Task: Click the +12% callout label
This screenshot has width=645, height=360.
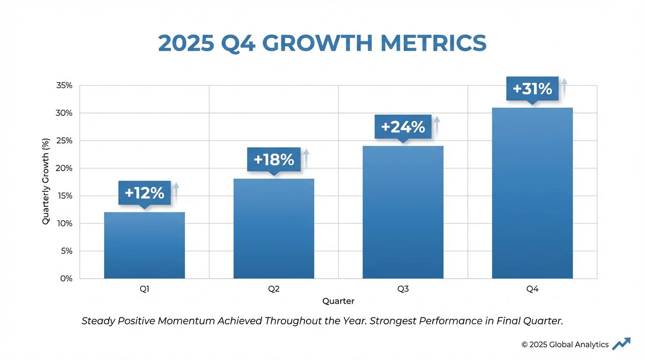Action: (x=144, y=193)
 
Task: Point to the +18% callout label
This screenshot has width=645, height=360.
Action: (x=274, y=160)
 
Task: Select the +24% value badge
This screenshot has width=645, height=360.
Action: (x=403, y=127)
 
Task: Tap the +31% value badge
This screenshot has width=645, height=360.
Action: (x=532, y=89)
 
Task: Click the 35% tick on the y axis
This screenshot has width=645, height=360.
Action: (x=64, y=86)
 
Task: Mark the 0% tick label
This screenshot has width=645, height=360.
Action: (x=66, y=278)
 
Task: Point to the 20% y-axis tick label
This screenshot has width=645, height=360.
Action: (x=64, y=168)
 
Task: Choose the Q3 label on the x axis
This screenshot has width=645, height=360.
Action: (x=403, y=289)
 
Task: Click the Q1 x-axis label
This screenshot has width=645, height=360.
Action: (x=144, y=289)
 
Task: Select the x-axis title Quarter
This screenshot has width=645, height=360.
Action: (x=338, y=301)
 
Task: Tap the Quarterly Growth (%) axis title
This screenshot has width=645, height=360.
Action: (x=46, y=181)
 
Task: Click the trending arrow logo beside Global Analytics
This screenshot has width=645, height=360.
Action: (x=621, y=344)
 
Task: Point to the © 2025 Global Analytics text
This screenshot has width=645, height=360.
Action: (x=565, y=345)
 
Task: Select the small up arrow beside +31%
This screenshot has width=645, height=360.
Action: (x=564, y=87)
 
